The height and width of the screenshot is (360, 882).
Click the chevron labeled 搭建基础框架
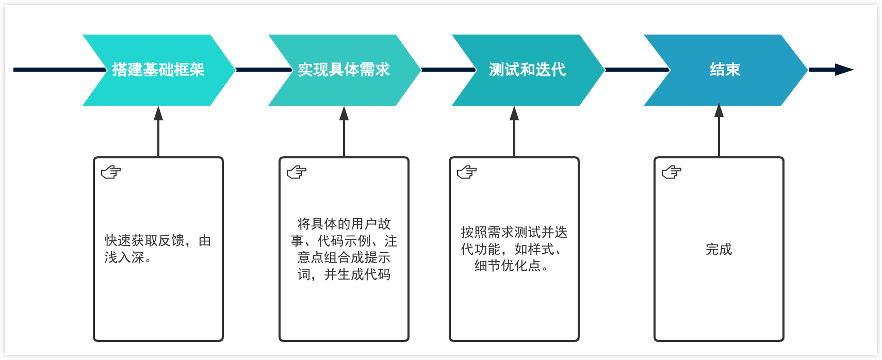[158, 70]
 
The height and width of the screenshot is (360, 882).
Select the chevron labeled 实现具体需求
[344, 70]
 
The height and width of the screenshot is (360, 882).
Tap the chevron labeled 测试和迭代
[527, 70]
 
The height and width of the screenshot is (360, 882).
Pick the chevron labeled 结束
[725, 70]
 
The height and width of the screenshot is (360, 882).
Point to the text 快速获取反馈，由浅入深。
[157, 249]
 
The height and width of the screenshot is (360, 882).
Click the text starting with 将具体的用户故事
[344, 249]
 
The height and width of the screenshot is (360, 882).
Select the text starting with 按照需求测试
[514, 249]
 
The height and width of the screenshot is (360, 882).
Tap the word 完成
[718, 249]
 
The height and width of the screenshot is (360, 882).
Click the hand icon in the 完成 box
[672, 172]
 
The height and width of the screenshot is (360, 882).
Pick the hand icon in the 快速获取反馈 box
[111, 172]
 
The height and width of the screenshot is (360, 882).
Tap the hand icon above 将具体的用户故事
[297, 172]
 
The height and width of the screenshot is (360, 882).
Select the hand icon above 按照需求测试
[467, 172]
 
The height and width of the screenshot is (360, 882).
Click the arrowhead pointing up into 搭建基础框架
[158, 113]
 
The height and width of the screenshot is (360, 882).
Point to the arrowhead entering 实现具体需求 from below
[344, 113]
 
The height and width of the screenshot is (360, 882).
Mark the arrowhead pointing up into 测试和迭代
[514, 113]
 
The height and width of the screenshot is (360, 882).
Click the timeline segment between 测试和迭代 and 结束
[637, 70]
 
